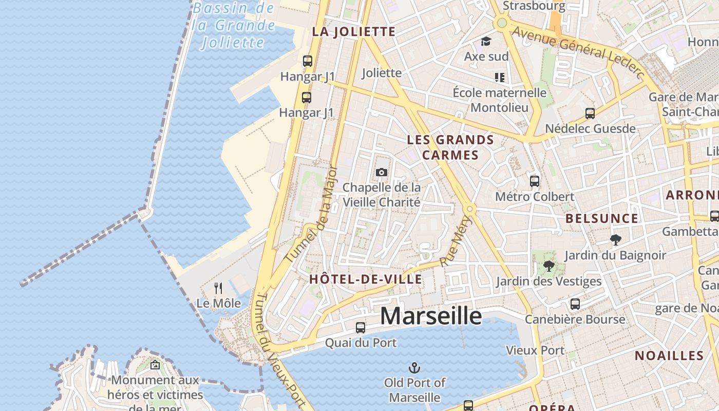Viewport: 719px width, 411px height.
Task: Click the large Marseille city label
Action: click(x=431, y=315)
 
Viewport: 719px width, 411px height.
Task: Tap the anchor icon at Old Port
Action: click(x=414, y=368)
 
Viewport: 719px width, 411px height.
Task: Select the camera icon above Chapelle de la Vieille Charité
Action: click(x=381, y=172)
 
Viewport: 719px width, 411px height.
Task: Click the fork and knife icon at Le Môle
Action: click(x=219, y=288)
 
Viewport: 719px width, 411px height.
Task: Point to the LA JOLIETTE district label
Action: click(x=354, y=31)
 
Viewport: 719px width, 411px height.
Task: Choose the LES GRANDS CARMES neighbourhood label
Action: click(x=450, y=147)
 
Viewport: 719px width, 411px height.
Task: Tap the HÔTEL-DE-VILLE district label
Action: click(x=366, y=279)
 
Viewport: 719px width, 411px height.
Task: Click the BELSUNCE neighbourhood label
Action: click(x=602, y=218)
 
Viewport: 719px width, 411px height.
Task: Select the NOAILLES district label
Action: click(x=669, y=356)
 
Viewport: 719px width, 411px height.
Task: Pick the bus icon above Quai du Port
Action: click(x=361, y=327)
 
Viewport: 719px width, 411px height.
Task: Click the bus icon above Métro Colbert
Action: click(x=535, y=181)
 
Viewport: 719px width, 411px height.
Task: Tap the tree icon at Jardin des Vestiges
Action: click(x=549, y=266)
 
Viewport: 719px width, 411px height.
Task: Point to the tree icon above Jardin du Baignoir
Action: click(x=615, y=239)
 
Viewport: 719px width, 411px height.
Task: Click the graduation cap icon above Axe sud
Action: click(x=486, y=41)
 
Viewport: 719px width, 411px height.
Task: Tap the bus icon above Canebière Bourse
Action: click(x=575, y=304)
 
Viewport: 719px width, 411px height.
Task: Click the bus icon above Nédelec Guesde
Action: click(x=590, y=114)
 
